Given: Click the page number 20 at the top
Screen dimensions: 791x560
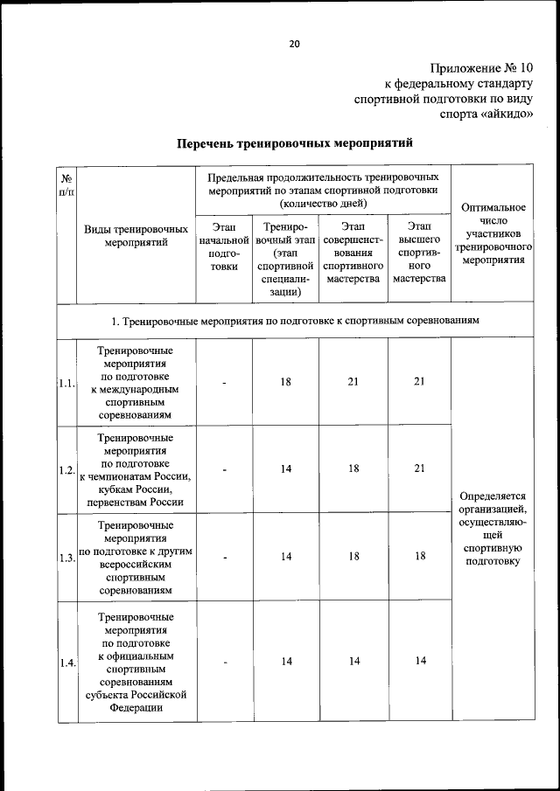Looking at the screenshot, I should pyautogui.click(x=294, y=44).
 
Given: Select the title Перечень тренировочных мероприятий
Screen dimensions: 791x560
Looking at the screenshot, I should pyautogui.click(x=294, y=143).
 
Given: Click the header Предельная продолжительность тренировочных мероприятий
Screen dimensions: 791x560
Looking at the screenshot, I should pyautogui.click(x=323, y=190).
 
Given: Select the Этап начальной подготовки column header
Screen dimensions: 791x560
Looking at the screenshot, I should pyautogui.click(x=224, y=246).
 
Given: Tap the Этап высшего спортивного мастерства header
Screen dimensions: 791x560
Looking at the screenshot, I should pyautogui.click(x=419, y=253).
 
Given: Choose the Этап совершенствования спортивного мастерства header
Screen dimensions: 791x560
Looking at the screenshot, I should pyautogui.click(x=353, y=253).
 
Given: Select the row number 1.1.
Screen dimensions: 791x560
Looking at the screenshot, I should pyautogui.click(x=66, y=383).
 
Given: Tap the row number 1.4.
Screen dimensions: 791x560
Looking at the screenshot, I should pyautogui.click(x=66, y=663).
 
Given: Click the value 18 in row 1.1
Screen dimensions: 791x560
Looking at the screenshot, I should pyautogui.click(x=285, y=382).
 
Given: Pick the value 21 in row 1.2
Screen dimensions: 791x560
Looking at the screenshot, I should pyautogui.click(x=419, y=468).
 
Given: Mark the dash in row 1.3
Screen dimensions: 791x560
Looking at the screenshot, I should pyautogui.click(x=224, y=558).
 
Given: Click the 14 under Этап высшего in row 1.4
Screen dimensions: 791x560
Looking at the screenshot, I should pyautogui.click(x=419, y=661).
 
